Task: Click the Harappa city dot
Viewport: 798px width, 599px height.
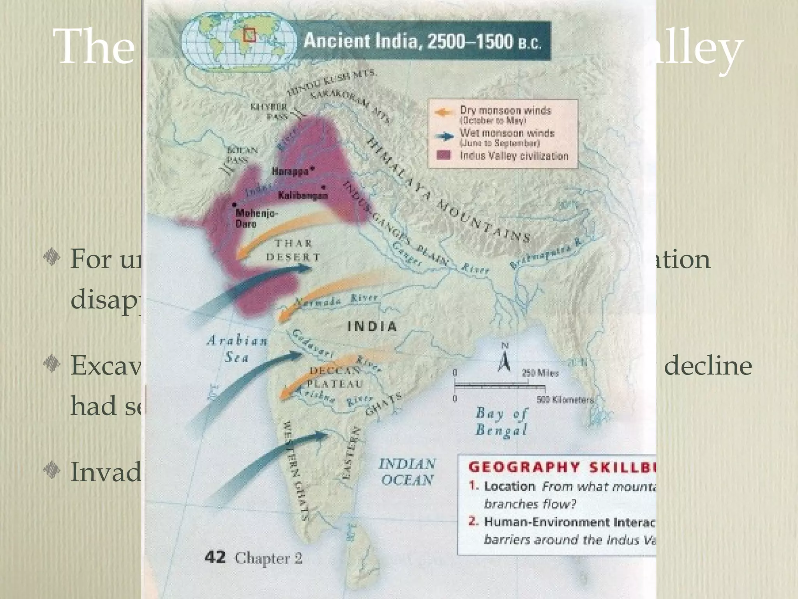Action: click(x=312, y=169)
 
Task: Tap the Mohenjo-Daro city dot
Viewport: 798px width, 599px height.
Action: click(x=234, y=205)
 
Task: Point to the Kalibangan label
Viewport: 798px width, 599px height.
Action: click(x=303, y=195)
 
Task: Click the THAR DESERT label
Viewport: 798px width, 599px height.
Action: click(x=293, y=250)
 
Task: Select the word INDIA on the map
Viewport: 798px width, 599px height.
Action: click(x=372, y=326)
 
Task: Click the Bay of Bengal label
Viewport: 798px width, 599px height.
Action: click(x=501, y=421)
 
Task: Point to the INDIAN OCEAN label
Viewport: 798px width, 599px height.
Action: click(x=407, y=472)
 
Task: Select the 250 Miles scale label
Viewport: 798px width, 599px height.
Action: click(x=540, y=373)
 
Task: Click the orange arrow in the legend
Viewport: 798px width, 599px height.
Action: click(x=444, y=112)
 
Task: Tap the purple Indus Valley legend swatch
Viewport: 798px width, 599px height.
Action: click(x=443, y=155)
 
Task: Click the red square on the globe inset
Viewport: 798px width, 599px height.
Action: click(x=249, y=35)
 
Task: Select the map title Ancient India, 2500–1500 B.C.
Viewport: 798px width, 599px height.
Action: click(x=422, y=41)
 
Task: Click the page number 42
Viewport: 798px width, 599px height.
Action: click(x=215, y=557)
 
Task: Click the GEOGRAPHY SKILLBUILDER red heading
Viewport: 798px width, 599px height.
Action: click(x=561, y=467)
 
